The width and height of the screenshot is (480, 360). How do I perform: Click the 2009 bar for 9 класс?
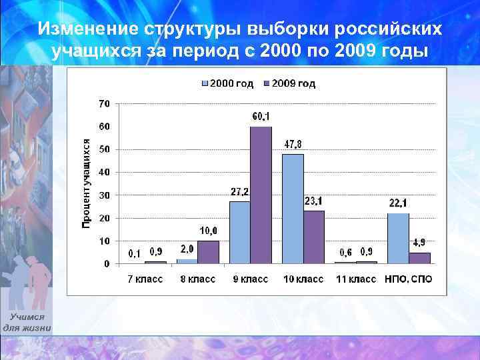coord(261,195)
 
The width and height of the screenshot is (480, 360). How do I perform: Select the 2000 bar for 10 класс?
coord(293,209)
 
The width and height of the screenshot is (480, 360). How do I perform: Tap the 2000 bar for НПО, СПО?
coord(398,238)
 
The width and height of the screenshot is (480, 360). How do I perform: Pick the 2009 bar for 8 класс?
coord(208,252)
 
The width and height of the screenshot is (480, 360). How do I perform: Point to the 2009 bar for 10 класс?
coord(314,237)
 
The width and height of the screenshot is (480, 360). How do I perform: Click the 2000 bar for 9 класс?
coord(239,232)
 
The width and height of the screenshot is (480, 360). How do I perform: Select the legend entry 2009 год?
coord(289,84)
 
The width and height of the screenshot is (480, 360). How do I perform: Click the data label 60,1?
coord(261,117)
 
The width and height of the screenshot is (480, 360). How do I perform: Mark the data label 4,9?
coord(419,242)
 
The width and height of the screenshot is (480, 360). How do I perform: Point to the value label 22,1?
coord(399,203)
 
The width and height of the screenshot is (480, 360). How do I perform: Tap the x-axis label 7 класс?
coord(145,279)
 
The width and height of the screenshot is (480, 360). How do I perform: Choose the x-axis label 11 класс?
coord(354,279)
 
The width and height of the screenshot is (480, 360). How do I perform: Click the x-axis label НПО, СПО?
coord(408,279)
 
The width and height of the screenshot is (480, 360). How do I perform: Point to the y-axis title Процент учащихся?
coord(85,183)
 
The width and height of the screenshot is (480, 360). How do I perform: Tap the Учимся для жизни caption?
coord(27,323)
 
